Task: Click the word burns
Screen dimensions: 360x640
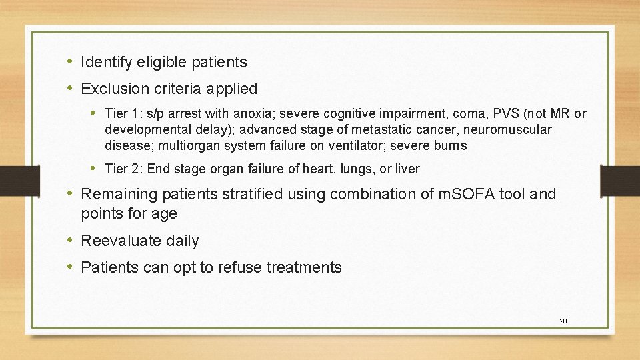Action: (451, 145)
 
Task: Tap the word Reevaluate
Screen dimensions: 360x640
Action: (120, 241)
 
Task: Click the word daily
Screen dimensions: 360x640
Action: (182, 241)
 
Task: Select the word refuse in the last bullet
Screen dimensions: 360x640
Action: (239, 268)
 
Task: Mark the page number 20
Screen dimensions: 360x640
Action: (563, 321)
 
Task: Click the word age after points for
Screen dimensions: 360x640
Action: (164, 214)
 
